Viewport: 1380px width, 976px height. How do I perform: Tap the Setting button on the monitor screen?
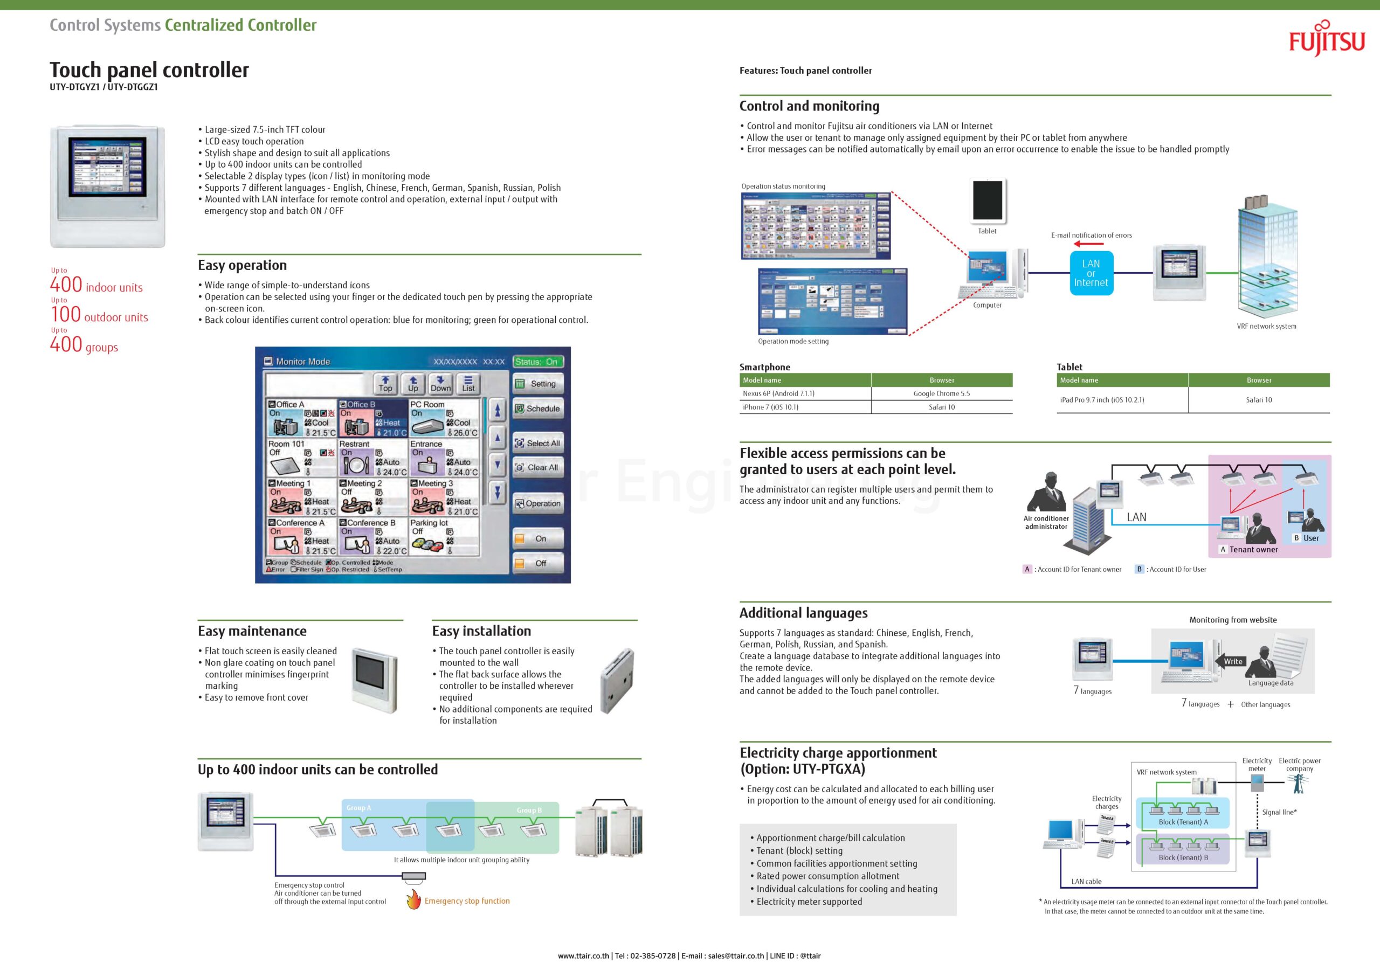pyautogui.click(x=537, y=384)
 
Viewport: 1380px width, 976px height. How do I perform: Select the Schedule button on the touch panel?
pyautogui.click(x=537, y=409)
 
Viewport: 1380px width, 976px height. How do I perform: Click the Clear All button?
pyautogui.click(x=537, y=468)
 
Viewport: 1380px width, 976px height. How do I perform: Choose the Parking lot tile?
pyautogui.click(x=444, y=536)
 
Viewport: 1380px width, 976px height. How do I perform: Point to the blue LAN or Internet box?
pyautogui.click(x=1091, y=273)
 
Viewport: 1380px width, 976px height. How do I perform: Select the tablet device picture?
pyautogui.click(x=988, y=200)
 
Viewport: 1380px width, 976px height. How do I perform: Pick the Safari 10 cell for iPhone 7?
pyautogui.click(x=941, y=407)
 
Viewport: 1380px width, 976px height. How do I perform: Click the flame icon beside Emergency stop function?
pyautogui.click(x=413, y=899)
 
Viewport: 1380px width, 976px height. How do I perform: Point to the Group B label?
pyautogui.click(x=529, y=810)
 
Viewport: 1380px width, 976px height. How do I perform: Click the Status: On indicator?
pyautogui.click(x=537, y=362)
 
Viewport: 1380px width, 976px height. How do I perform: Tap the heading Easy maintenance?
pyautogui.click(x=252, y=631)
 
